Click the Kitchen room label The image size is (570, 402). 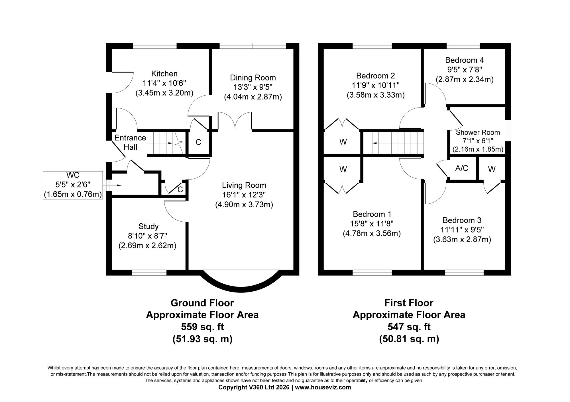pyautogui.click(x=164, y=74)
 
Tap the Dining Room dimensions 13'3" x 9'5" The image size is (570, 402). pyautogui.click(x=253, y=87)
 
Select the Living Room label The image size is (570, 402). pyautogui.click(x=244, y=185)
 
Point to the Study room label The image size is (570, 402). pyautogui.click(x=148, y=226)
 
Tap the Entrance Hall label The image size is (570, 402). pyautogui.click(x=130, y=143)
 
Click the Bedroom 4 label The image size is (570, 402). pyautogui.click(x=464, y=60)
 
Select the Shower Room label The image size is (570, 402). pyautogui.click(x=478, y=132)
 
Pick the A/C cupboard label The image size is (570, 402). pyautogui.click(x=462, y=168)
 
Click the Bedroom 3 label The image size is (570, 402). pyautogui.click(x=462, y=220)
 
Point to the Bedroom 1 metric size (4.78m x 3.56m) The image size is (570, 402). pyautogui.click(x=372, y=234)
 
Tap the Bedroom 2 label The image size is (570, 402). pyautogui.click(x=375, y=76)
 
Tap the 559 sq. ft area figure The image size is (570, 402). pyautogui.click(x=202, y=327)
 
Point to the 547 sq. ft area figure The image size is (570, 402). pyautogui.click(x=409, y=327)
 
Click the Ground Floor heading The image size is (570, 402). pyautogui.click(x=202, y=303)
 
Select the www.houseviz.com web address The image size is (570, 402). pyautogui.click(x=323, y=387)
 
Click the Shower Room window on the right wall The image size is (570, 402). pyautogui.click(x=508, y=131)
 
